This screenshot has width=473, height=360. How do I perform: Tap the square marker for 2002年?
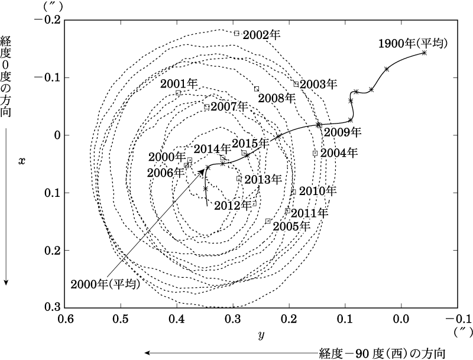click(237, 34)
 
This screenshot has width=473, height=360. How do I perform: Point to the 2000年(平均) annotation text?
click(105, 284)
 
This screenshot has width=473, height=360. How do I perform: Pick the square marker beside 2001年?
click(179, 93)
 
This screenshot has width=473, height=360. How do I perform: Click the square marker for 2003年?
click(296, 84)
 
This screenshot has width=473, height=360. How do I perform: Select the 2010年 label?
click(318, 191)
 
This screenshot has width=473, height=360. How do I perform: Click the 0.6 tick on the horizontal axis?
click(65, 319)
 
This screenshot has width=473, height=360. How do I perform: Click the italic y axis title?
click(261, 335)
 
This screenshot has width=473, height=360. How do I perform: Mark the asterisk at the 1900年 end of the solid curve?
click(425, 53)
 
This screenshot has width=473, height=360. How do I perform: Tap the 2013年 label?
click(261, 179)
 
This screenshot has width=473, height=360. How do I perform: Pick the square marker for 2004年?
click(315, 153)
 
